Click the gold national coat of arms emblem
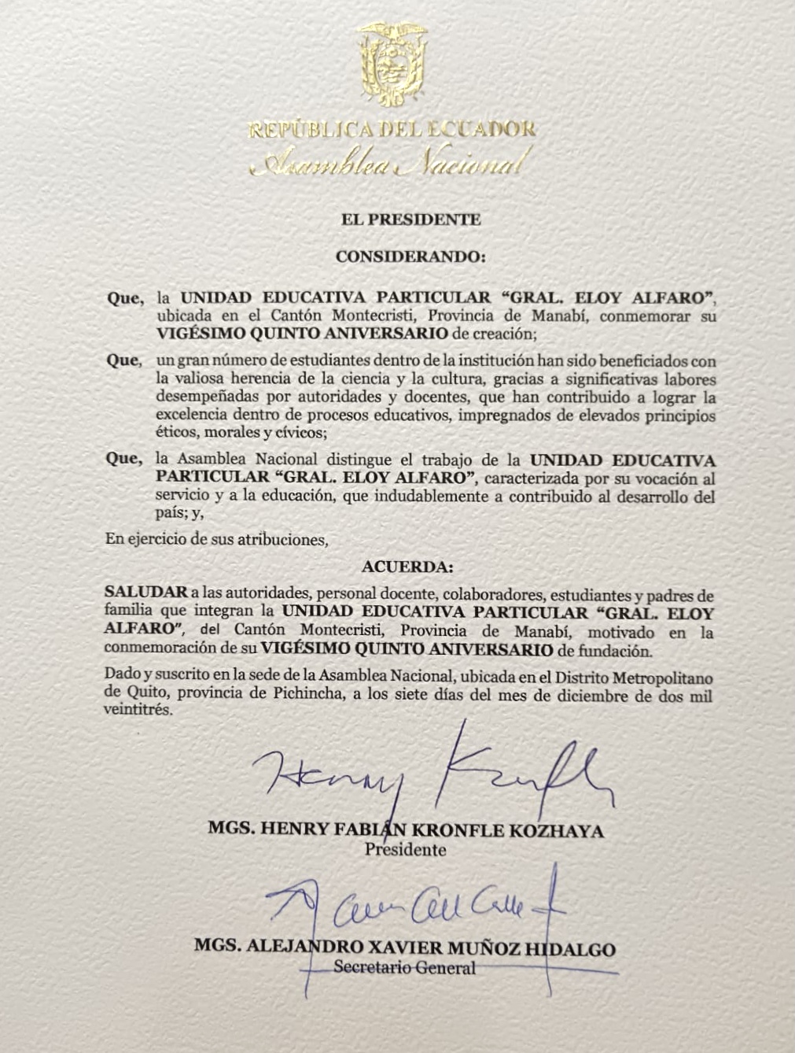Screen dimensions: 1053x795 click(x=392, y=65)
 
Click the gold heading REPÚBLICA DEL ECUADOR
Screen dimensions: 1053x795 click(x=392, y=129)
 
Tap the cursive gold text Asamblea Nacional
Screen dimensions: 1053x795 click(x=392, y=164)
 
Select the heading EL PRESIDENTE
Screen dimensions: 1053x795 click(x=410, y=220)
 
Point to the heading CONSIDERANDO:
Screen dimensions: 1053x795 click(x=410, y=257)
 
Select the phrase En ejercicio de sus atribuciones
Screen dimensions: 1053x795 click(x=215, y=540)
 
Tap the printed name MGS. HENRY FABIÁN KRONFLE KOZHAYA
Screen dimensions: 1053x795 click(x=406, y=830)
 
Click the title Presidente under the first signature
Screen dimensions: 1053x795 click(x=405, y=850)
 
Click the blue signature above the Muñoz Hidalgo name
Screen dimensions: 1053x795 click(x=417, y=909)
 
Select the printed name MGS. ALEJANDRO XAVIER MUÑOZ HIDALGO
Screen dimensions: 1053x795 click(x=404, y=948)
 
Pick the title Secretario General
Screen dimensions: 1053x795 click(x=404, y=967)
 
